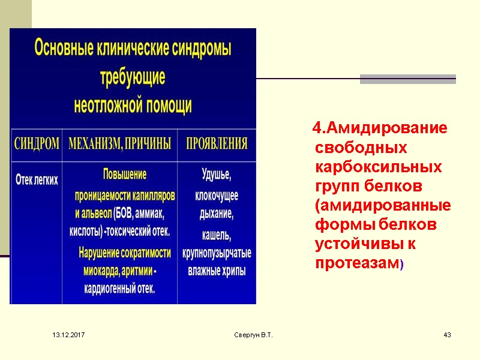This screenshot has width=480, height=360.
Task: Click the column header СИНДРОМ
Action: (x=37, y=144)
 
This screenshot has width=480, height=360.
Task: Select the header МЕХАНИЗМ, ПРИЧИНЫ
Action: (x=119, y=144)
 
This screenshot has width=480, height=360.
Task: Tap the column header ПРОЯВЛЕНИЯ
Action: (x=217, y=144)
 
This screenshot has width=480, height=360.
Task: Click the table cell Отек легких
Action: (x=37, y=179)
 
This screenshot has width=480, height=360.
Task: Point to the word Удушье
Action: (x=216, y=175)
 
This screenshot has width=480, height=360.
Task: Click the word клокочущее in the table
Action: (x=217, y=196)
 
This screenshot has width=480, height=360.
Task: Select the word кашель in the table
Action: (x=216, y=234)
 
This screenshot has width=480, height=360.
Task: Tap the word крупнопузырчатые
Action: (x=217, y=253)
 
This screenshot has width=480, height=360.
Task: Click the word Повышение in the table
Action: (x=125, y=175)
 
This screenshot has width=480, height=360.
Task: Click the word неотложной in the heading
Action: (x=107, y=106)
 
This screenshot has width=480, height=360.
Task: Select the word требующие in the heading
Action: (x=133, y=78)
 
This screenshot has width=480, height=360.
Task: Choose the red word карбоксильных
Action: (x=378, y=166)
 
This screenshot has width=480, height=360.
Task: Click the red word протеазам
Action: (x=356, y=264)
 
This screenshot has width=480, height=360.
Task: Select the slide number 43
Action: (x=446, y=334)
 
